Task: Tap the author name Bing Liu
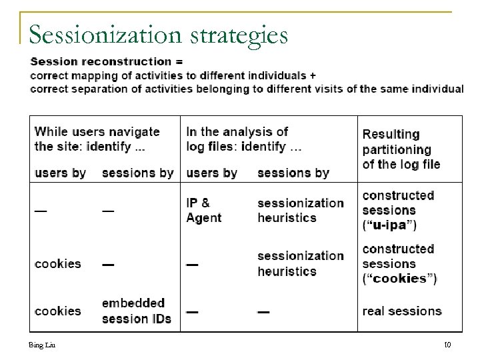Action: (42, 345)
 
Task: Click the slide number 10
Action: (447, 345)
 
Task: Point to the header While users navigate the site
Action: (97, 139)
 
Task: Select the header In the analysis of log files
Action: (244, 139)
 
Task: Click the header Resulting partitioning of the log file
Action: (401, 149)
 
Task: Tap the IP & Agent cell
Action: (204, 210)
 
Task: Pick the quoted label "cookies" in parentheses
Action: (399, 279)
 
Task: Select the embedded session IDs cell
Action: (137, 311)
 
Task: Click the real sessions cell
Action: (402, 311)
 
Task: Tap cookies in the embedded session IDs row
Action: (57, 311)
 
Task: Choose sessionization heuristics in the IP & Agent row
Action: (301, 210)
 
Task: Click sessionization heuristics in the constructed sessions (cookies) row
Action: (301, 263)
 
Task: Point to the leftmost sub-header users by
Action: (60, 173)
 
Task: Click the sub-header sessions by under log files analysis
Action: (293, 173)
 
